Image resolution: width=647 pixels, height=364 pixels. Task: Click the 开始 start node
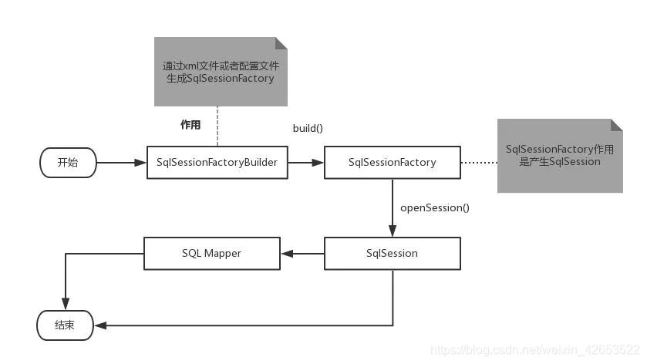tap(69, 162)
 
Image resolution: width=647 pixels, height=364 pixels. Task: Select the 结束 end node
tap(65, 325)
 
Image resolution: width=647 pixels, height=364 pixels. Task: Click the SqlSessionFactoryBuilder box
tap(217, 162)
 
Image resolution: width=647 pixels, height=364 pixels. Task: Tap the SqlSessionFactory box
tap(392, 162)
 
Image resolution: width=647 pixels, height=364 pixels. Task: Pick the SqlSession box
tap(392, 253)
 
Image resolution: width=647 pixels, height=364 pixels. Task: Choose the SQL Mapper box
tap(212, 253)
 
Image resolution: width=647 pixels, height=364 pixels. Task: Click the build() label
tap(307, 127)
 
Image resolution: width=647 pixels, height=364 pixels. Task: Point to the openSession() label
tap(435, 207)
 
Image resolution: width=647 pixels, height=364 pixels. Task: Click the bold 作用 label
tap(190, 125)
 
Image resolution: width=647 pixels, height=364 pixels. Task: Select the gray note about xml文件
tap(221, 72)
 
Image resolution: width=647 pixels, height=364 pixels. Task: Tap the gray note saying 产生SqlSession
tap(559, 156)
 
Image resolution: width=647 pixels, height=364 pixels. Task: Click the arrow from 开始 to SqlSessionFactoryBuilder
tap(122, 162)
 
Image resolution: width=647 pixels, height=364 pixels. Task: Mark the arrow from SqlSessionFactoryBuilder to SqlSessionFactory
tap(306, 162)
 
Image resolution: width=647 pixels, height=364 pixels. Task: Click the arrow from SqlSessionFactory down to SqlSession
tap(393, 208)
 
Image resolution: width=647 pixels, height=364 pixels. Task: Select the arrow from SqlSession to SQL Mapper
tap(302, 253)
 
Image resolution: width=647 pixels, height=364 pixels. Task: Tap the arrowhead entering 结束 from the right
tap(99, 325)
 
